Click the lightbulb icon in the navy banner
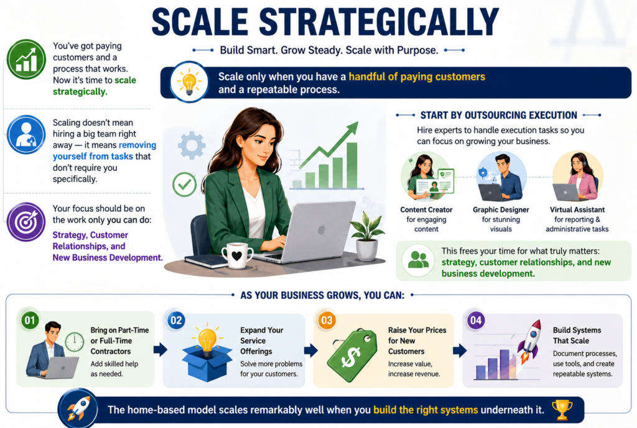pyautogui.click(x=189, y=82)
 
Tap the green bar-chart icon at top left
pyautogui.click(x=26, y=59)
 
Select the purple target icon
pyautogui.click(x=26, y=222)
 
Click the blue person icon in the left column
pyautogui.click(x=26, y=135)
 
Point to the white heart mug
pyautogui.click(x=237, y=255)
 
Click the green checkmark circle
pyautogui.click(x=184, y=184)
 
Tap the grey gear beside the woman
pyautogui.click(x=192, y=145)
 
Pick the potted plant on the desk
pyautogui.click(x=367, y=237)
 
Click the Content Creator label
pyautogui.click(x=426, y=210)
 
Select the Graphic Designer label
pyautogui.click(x=501, y=210)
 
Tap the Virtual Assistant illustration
pyautogui.click(x=577, y=177)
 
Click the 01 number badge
pyautogui.click(x=30, y=321)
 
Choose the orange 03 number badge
pyautogui.click(x=327, y=321)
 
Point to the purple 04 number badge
pyautogui.click(x=476, y=321)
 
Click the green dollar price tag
pyautogui.click(x=351, y=354)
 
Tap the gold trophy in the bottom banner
pyautogui.click(x=562, y=410)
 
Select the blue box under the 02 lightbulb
pyautogui.click(x=207, y=363)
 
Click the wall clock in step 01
pyautogui.click(x=75, y=342)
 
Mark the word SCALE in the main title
pyautogui.click(x=200, y=22)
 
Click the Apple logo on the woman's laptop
pyautogui.click(x=322, y=230)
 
